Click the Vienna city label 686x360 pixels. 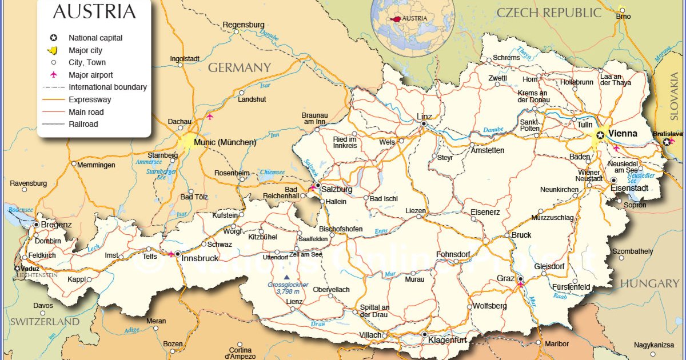[x=623, y=133]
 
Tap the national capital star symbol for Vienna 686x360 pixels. [x=600, y=135]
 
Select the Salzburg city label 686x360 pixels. [x=337, y=189]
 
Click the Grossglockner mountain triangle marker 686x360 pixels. [x=286, y=277]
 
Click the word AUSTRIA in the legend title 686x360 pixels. [x=94, y=11]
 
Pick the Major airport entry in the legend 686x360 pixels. [x=90, y=75]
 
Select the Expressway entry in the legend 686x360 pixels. [x=90, y=99]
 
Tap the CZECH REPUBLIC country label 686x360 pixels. [x=549, y=13]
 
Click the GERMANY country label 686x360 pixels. [x=239, y=67]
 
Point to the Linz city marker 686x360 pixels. [x=424, y=123]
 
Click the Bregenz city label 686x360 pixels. [x=57, y=225]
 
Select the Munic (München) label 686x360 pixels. [x=225, y=142]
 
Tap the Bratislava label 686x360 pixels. [x=668, y=133]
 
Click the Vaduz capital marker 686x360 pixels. [x=18, y=268]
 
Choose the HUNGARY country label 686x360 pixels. [x=649, y=283]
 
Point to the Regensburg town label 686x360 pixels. [x=244, y=25]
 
